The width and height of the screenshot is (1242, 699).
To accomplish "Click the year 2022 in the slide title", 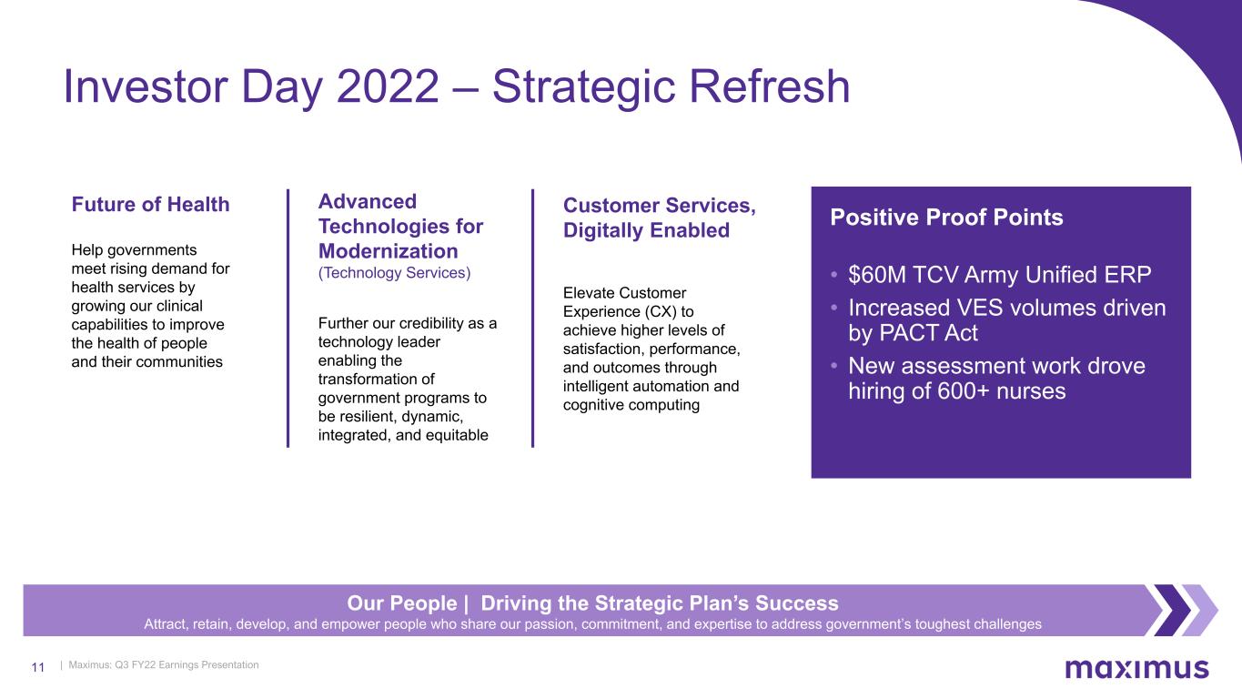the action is pyautogui.click(x=388, y=86).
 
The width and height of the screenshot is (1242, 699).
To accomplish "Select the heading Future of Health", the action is pyautogui.click(x=150, y=204).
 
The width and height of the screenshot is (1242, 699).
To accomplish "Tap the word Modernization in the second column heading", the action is pyautogui.click(x=389, y=251).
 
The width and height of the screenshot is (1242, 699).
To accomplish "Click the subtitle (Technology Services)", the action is pyautogui.click(x=394, y=273).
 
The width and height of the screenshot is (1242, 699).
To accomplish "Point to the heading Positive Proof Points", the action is pyautogui.click(x=946, y=218).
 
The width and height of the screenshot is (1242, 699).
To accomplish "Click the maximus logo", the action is pyautogui.click(x=1136, y=668).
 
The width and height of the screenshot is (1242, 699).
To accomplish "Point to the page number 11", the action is pyautogui.click(x=37, y=667).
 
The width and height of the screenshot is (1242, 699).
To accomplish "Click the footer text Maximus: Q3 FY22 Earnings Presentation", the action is pyautogui.click(x=164, y=664).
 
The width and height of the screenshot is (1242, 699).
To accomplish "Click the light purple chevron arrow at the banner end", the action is pyautogui.click(x=1198, y=610).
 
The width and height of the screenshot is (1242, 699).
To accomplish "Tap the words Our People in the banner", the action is pyautogui.click(x=402, y=603).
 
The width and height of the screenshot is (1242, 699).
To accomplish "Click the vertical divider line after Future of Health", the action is pyautogui.click(x=288, y=319).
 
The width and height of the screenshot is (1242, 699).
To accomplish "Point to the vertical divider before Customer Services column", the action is pyautogui.click(x=533, y=319).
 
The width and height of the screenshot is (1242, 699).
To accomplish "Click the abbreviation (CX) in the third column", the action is pyautogui.click(x=661, y=312).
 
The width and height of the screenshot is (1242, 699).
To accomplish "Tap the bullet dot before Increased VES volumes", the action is pyautogui.click(x=833, y=308).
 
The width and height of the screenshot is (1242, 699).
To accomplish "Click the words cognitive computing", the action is pyautogui.click(x=631, y=405).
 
